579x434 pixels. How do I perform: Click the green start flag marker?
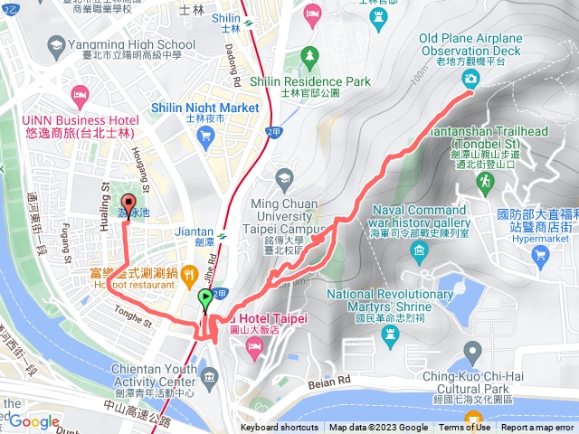(206, 297)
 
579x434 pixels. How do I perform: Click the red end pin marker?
(128, 204)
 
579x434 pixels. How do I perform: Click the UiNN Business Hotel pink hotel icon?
(81, 93)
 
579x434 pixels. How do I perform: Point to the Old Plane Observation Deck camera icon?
(471, 79)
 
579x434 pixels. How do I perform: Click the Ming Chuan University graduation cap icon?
(286, 176)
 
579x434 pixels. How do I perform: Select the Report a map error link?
(538, 428)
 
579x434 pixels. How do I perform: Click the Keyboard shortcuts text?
(279, 428)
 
